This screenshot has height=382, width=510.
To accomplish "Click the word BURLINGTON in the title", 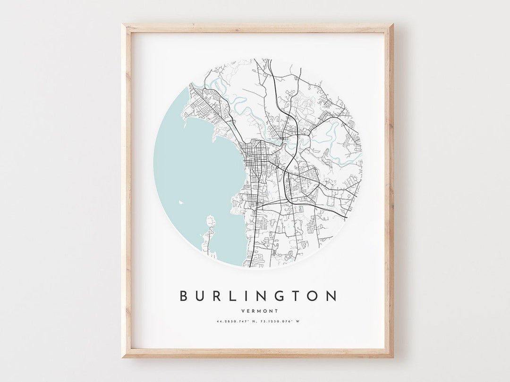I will coord(258,296).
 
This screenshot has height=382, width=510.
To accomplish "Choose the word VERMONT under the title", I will coord(259,311).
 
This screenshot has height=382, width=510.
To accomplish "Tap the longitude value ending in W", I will coord(281,322).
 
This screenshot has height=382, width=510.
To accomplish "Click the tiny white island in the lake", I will coord(180,203).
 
